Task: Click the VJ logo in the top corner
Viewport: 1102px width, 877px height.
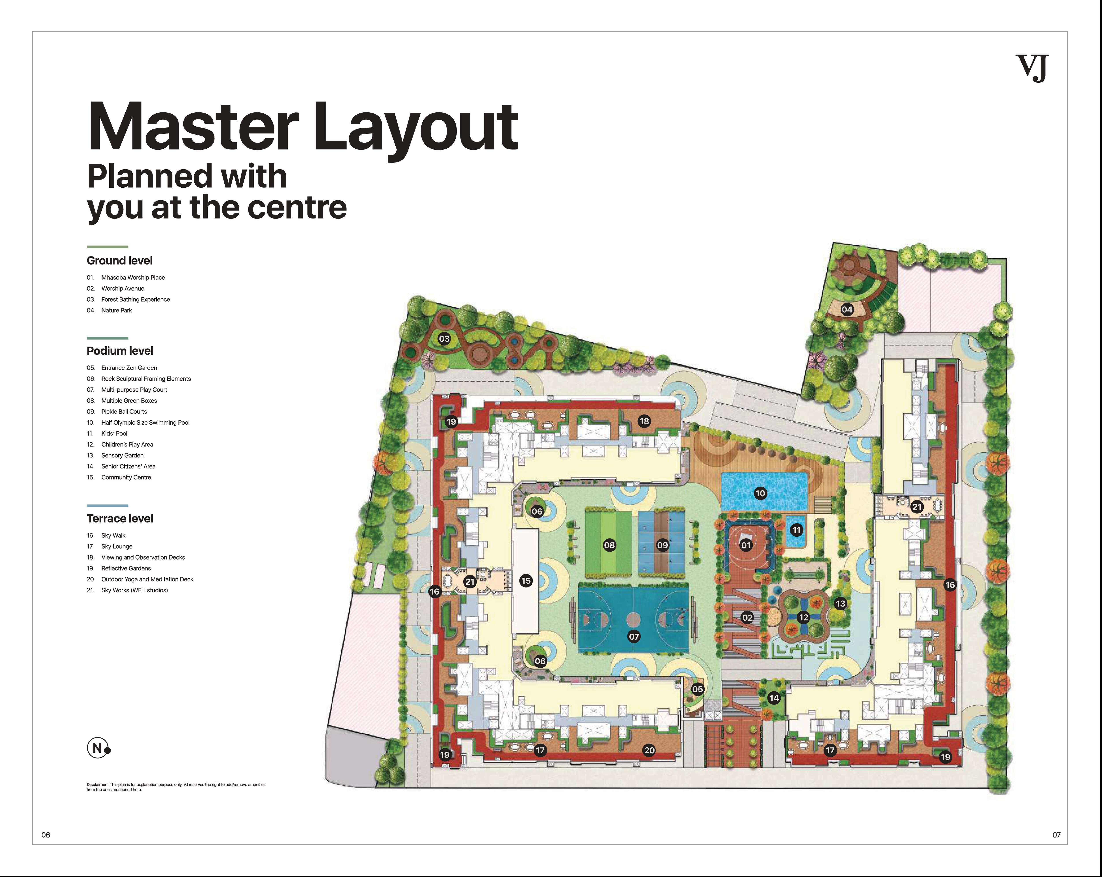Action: [x=1031, y=68]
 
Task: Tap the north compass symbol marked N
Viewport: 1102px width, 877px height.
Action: [x=97, y=748]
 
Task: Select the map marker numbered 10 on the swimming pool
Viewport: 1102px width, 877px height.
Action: [x=760, y=493]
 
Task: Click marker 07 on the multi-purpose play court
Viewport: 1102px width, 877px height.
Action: [x=634, y=637]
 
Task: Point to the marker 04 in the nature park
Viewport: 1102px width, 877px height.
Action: [x=847, y=309]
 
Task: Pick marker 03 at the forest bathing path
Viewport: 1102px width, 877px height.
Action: [x=444, y=339]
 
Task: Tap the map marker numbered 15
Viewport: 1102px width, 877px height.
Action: [x=525, y=580]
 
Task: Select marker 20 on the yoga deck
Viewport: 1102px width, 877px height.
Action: [x=649, y=750]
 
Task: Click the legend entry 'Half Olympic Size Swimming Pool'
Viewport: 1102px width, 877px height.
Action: [x=145, y=422]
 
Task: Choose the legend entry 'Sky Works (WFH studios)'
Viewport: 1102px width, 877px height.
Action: [x=134, y=590]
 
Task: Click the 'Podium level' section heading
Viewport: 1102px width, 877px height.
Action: [x=120, y=351]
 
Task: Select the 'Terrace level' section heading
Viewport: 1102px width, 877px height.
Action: [x=120, y=519]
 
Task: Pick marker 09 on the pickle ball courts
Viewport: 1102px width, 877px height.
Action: [x=663, y=545]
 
